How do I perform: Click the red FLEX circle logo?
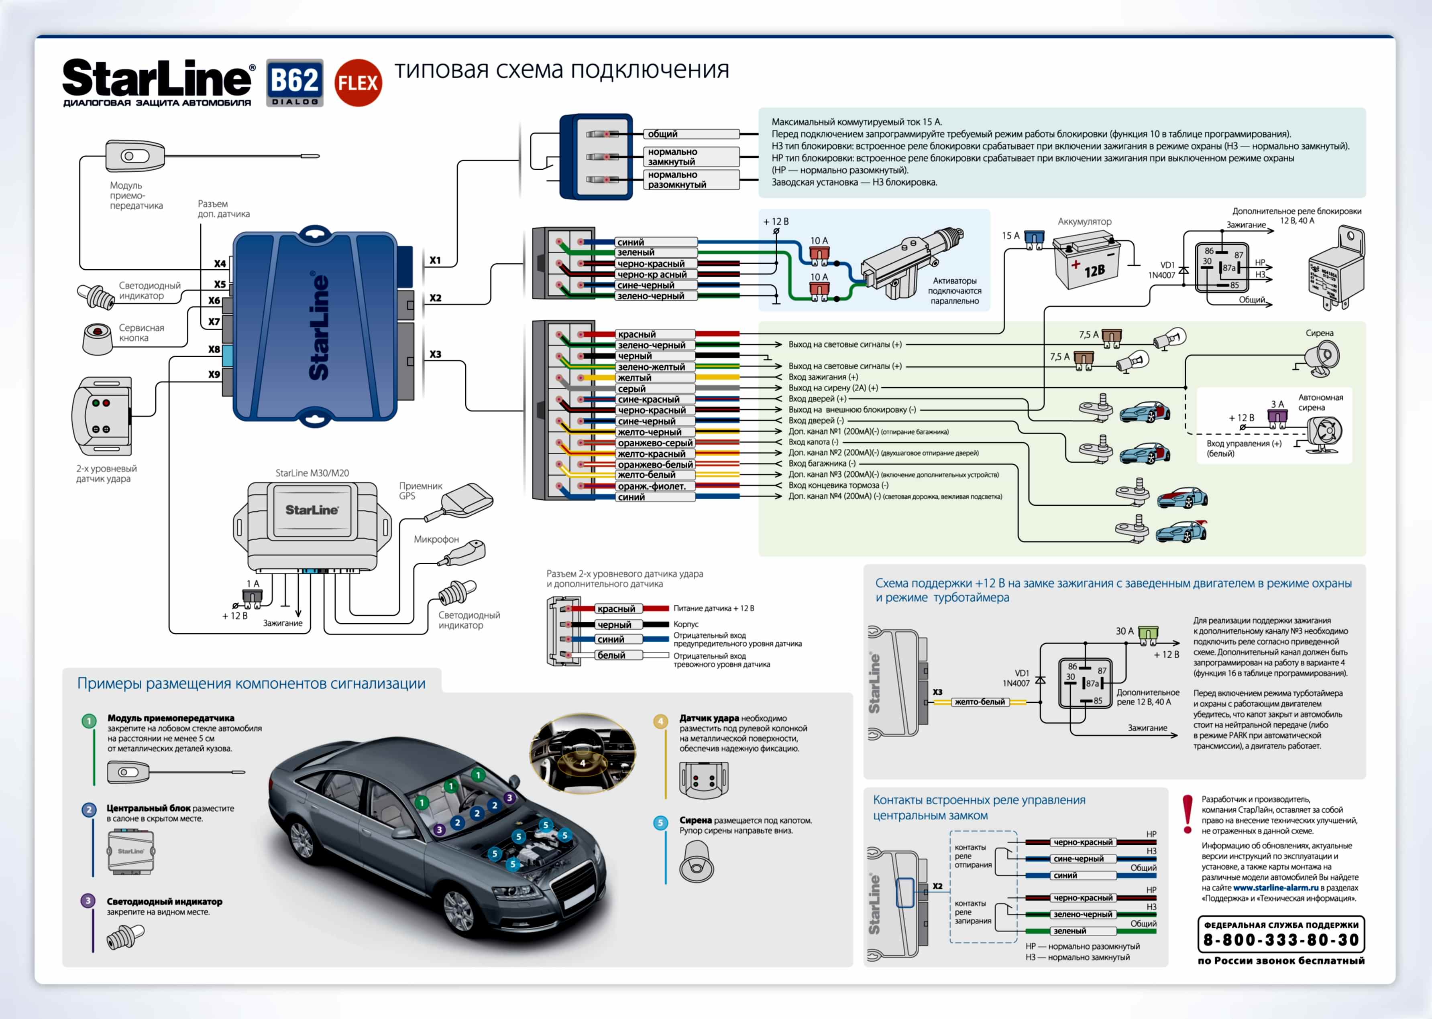(x=358, y=83)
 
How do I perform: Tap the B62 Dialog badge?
(x=294, y=83)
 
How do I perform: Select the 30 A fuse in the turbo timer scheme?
(x=1148, y=633)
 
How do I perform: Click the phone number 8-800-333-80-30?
(x=1281, y=940)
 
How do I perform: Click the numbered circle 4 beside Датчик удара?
(x=660, y=722)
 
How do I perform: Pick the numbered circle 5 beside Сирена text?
(x=660, y=823)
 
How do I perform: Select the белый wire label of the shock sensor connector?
(x=611, y=655)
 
